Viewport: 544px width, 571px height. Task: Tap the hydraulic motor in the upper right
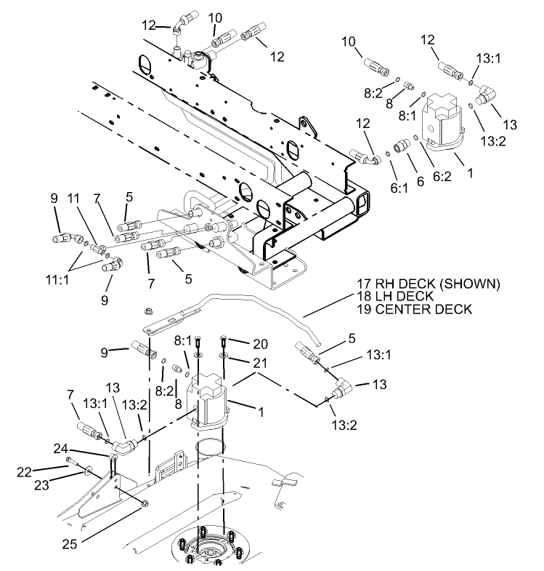441,120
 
